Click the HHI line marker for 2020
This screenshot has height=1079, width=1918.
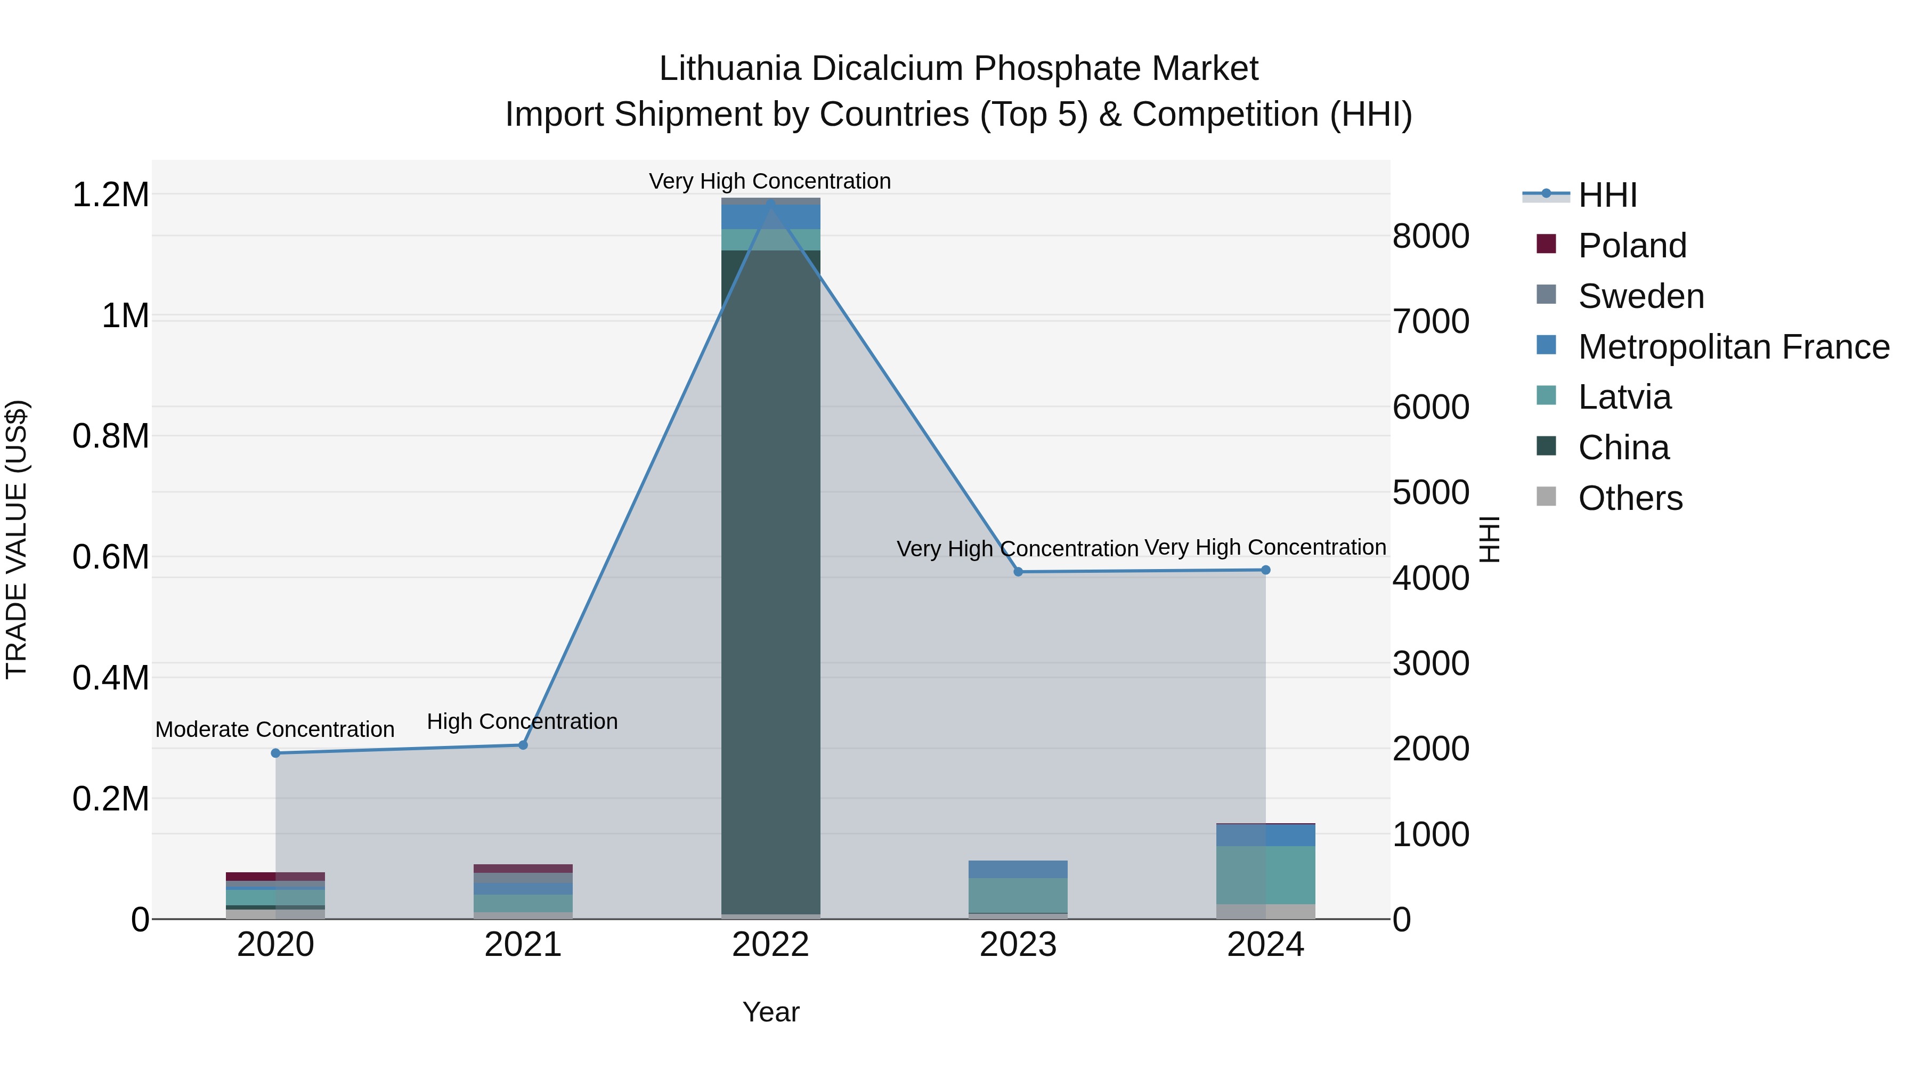pos(275,753)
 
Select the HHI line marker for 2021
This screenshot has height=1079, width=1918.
pos(523,745)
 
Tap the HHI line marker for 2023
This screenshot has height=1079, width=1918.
pos(1018,572)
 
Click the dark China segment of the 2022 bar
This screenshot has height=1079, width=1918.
pos(770,581)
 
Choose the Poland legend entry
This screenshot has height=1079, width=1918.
pos(1632,246)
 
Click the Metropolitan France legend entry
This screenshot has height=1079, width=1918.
pos(1733,347)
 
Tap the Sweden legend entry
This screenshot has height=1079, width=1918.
pos(1641,296)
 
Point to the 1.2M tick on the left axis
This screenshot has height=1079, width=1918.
pos(110,195)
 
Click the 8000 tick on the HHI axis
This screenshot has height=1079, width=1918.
pos(1431,237)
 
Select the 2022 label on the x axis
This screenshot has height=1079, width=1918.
pos(770,945)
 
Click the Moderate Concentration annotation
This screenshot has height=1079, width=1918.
pos(275,729)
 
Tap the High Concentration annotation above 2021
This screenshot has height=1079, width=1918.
pos(522,721)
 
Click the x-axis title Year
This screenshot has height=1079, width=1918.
pos(770,1012)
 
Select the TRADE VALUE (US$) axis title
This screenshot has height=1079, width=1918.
pos(17,539)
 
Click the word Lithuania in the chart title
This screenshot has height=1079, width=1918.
pos(730,69)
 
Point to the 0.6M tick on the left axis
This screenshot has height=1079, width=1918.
pos(110,557)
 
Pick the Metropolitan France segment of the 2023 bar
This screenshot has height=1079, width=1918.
pos(1018,869)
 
